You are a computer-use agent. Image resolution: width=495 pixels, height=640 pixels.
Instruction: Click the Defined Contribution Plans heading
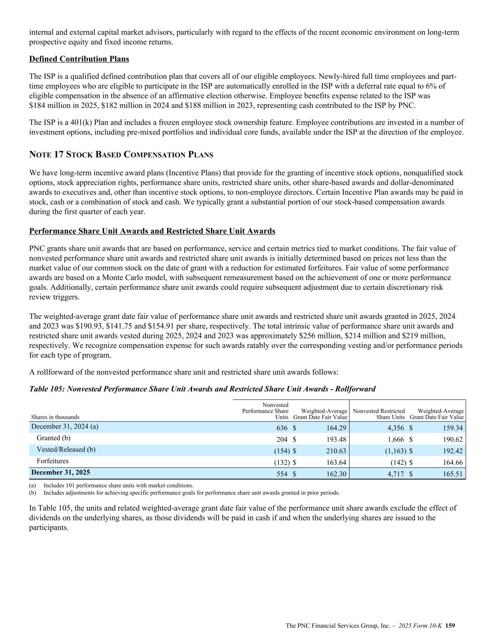pyautogui.click(x=79, y=59)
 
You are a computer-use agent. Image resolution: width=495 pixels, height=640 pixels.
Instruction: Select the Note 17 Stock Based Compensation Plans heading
pyautogui.click(x=121, y=155)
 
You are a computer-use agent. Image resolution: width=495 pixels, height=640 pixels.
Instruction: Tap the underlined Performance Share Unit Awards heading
pyautogui.click(x=152, y=231)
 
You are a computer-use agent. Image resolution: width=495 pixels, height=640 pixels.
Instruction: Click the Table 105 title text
pyautogui.click(x=202, y=389)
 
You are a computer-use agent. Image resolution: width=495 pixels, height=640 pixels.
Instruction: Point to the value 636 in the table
pyautogui.click(x=282, y=428)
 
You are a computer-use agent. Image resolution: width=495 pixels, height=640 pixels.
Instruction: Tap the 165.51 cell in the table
pyautogui.click(x=453, y=474)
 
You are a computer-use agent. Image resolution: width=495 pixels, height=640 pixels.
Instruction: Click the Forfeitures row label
pyautogui.click(x=53, y=461)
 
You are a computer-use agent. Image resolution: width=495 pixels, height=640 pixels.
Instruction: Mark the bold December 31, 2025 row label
pyautogui.click(x=61, y=472)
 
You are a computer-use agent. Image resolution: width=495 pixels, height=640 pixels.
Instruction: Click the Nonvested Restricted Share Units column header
pyautogui.click(x=379, y=414)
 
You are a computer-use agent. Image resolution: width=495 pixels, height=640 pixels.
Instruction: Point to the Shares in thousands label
pyautogui.click(x=55, y=417)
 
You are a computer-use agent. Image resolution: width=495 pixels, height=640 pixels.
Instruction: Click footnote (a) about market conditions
pyautogui.click(x=118, y=486)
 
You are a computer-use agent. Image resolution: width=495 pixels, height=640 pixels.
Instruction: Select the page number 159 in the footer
pyautogui.click(x=450, y=625)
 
